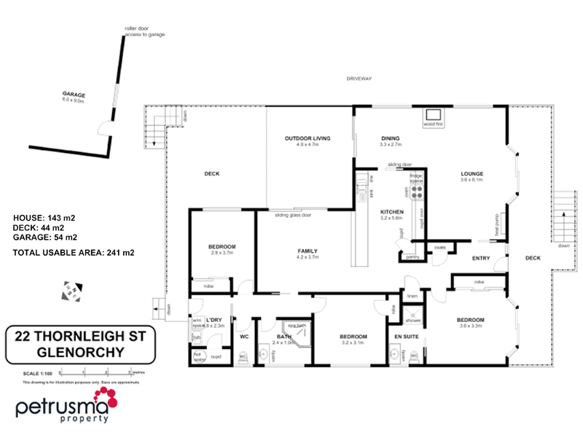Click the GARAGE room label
(x=74, y=95)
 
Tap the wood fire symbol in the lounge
(x=434, y=116)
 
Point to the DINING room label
(x=391, y=138)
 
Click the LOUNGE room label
(x=472, y=173)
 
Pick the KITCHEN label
(x=391, y=211)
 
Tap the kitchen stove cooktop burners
(x=418, y=192)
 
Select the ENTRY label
(x=481, y=258)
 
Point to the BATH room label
(x=283, y=336)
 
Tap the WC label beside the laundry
(x=245, y=336)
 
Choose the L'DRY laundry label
(x=214, y=320)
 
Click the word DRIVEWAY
(x=359, y=78)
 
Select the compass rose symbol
(x=75, y=289)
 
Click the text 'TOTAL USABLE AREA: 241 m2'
(x=74, y=252)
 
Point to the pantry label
(x=412, y=256)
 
